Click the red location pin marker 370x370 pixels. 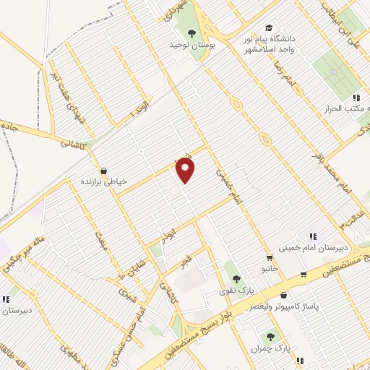pos(186,170)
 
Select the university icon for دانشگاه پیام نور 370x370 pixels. pos(270,27)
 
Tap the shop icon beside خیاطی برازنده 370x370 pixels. pos(105,171)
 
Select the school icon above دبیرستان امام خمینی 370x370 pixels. pos(313,236)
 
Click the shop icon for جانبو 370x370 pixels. pos(270,257)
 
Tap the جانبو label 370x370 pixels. pos(269,267)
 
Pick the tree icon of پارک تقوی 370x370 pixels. pos(235,279)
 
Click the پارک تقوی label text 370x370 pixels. pos(236,291)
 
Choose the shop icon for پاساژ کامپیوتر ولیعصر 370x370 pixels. pos(283,296)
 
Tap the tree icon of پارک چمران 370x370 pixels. pos(270,337)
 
